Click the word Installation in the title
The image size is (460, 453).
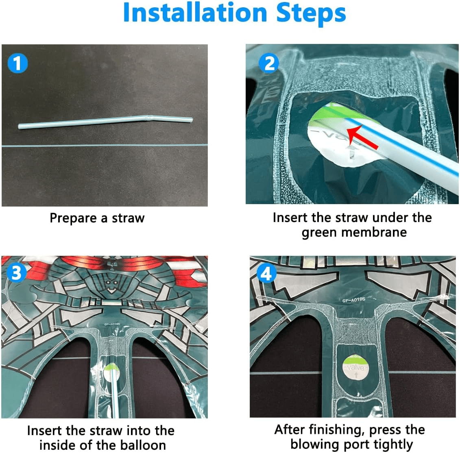[195, 13]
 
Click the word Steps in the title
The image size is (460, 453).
[311, 14]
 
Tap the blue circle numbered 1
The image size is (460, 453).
[17, 63]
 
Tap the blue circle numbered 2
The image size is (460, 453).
[269, 63]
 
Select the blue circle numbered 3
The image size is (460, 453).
[16, 272]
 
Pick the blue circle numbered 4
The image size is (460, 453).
[266, 273]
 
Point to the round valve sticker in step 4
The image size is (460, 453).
[355, 368]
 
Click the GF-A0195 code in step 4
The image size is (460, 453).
[353, 300]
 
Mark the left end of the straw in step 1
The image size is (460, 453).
[19, 126]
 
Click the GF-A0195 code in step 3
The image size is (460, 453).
[112, 324]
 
